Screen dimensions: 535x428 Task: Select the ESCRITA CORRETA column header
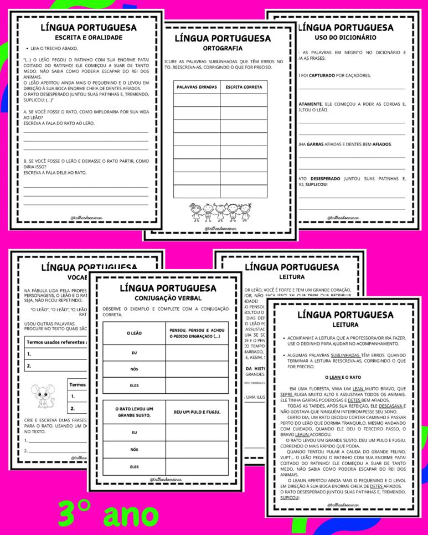coord(244,88)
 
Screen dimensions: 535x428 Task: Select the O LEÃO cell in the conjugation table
coord(133,332)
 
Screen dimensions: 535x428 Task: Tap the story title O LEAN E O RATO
coord(343,377)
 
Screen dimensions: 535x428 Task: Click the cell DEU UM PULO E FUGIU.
coord(197,412)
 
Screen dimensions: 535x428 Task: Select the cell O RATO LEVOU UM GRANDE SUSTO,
coord(133,412)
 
